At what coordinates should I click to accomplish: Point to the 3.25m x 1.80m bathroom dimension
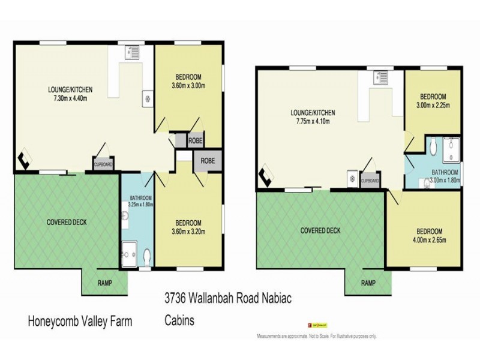[140, 205]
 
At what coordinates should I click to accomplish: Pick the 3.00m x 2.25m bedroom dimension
[433, 104]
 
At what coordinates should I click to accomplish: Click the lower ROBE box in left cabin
[208, 161]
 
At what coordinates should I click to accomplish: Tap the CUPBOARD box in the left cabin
[103, 163]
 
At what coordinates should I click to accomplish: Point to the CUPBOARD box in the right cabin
[370, 181]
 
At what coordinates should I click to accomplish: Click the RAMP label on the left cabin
[104, 283]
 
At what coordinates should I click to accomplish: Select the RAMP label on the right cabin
[368, 283]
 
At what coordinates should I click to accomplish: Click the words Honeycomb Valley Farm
[80, 321]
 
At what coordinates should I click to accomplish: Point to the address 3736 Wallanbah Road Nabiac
[228, 298]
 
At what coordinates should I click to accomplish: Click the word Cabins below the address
[180, 321]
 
